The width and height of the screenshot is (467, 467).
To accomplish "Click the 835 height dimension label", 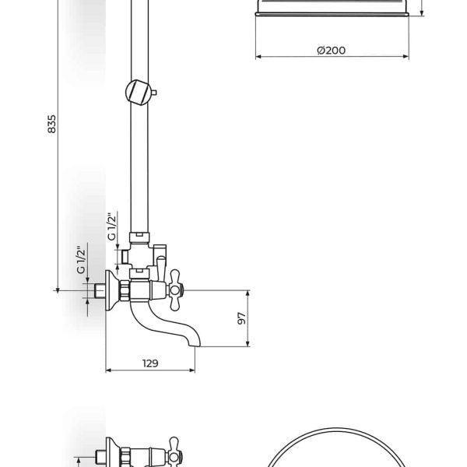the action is (x=51, y=124).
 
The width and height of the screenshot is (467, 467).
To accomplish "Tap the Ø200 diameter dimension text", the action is (x=332, y=51).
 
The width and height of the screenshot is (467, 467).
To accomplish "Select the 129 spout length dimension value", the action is (x=150, y=363).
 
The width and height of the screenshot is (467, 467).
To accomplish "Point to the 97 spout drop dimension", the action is (x=242, y=318).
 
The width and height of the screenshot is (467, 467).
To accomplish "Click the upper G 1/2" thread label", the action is (x=112, y=226).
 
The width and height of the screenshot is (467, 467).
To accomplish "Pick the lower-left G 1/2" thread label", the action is (x=81, y=260).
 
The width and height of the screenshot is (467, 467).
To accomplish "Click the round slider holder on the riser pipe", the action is (x=139, y=93).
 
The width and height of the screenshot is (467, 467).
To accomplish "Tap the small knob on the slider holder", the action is (x=154, y=93).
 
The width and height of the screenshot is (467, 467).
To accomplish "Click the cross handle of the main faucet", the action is (x=175, y=290).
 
